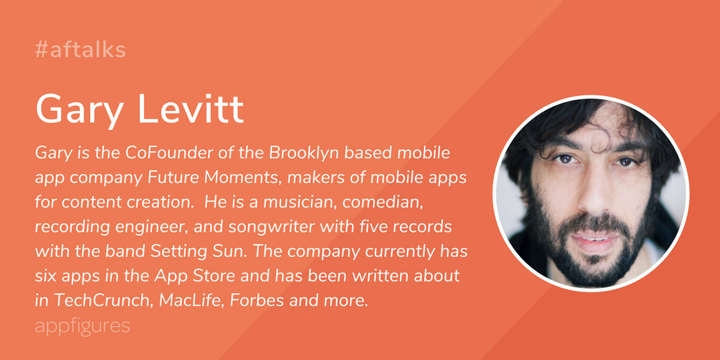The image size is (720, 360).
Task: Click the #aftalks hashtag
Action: [x=80, y=50]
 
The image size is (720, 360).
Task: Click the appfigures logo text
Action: [x=83, y=326]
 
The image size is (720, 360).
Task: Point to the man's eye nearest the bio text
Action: [x=565, y=159]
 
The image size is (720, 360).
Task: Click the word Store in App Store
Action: [x=223, y=277]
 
